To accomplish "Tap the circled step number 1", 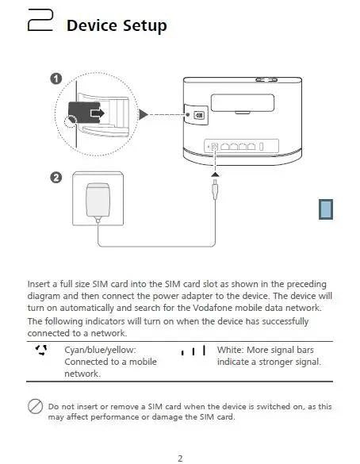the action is click(56, 79).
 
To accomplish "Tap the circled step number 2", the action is click(56, 178).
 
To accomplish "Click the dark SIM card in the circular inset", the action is click(84, 113).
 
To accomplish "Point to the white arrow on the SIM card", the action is click(98, 113).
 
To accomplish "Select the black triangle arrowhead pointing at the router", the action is click(144, 114).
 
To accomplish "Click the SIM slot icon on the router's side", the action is click(199, 115).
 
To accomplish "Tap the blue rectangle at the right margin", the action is click(326, 209).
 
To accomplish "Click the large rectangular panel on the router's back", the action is click(243, 102).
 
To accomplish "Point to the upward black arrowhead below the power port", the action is click(216, 174).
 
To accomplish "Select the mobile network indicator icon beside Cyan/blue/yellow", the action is click(41, 350).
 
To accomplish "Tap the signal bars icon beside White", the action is click(193, 350).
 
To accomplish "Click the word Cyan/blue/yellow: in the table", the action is click(100, 350).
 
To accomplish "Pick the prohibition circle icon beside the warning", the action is click(35, 406).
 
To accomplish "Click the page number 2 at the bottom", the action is click(180, 458).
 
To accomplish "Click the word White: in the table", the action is click(230, 350).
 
